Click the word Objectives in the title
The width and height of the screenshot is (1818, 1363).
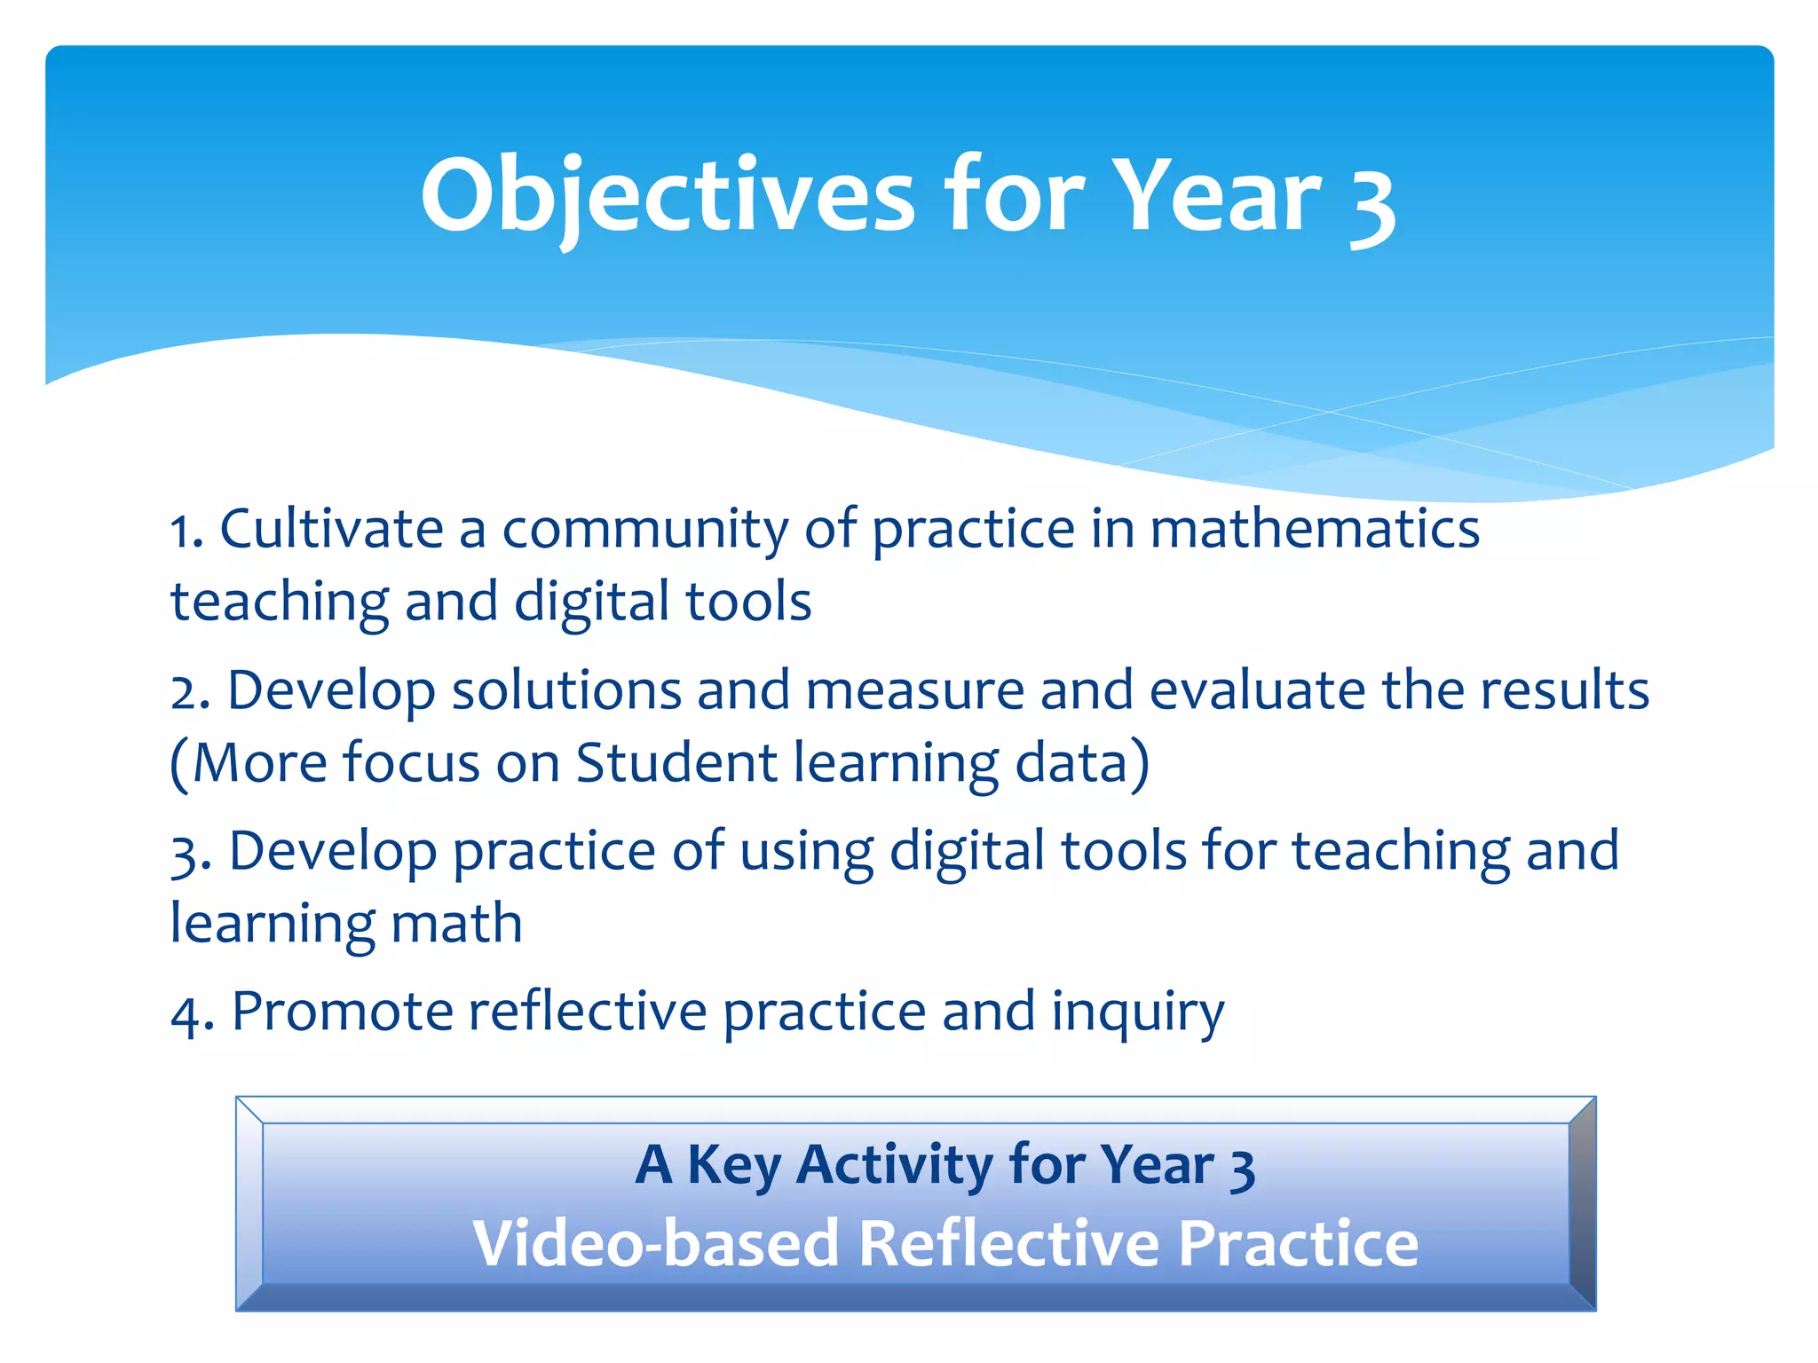pyautogui.click(x=668, y=197)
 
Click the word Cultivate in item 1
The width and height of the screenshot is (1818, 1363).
pyautogui.click(x=331, y=530)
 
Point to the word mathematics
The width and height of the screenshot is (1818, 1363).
pyautogui.click(x=1315, y=530)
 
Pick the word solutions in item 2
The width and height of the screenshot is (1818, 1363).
pyautogui.click(x=565, y=691)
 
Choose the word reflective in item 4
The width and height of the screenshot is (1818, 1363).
pyautogui.click(x=587, y=1012)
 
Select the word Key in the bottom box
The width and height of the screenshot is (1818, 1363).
pyautogui.click(x=733, y=1166)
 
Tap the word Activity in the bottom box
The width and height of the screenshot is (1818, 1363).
pyautogui.click(x=894, y=1166)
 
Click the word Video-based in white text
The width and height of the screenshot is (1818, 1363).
pyautogui.click(x=656, y=1244)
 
